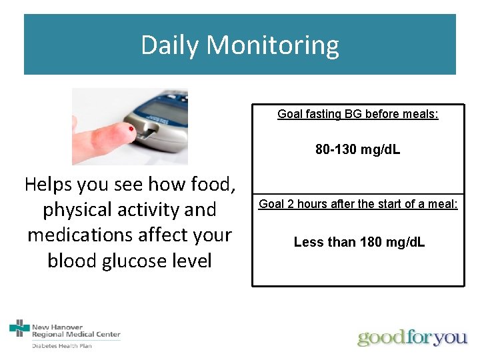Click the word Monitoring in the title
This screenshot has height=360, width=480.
coord(273,45)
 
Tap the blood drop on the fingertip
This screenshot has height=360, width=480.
coord(132,127)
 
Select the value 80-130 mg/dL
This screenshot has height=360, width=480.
coord(358,150)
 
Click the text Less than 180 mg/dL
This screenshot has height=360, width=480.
coord(359,242)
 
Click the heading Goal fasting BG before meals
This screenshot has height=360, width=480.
coord(358,114)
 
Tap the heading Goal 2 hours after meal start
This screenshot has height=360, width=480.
coord(358,204)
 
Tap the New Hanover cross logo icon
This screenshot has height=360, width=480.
coord(20,328)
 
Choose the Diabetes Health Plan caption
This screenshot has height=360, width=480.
coord(62,345)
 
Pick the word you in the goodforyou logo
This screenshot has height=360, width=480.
coord(450,337)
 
